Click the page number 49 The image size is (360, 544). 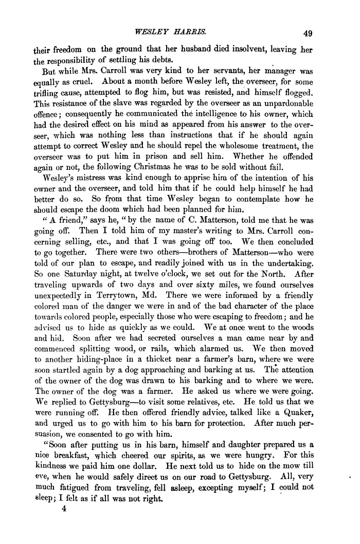308,34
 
